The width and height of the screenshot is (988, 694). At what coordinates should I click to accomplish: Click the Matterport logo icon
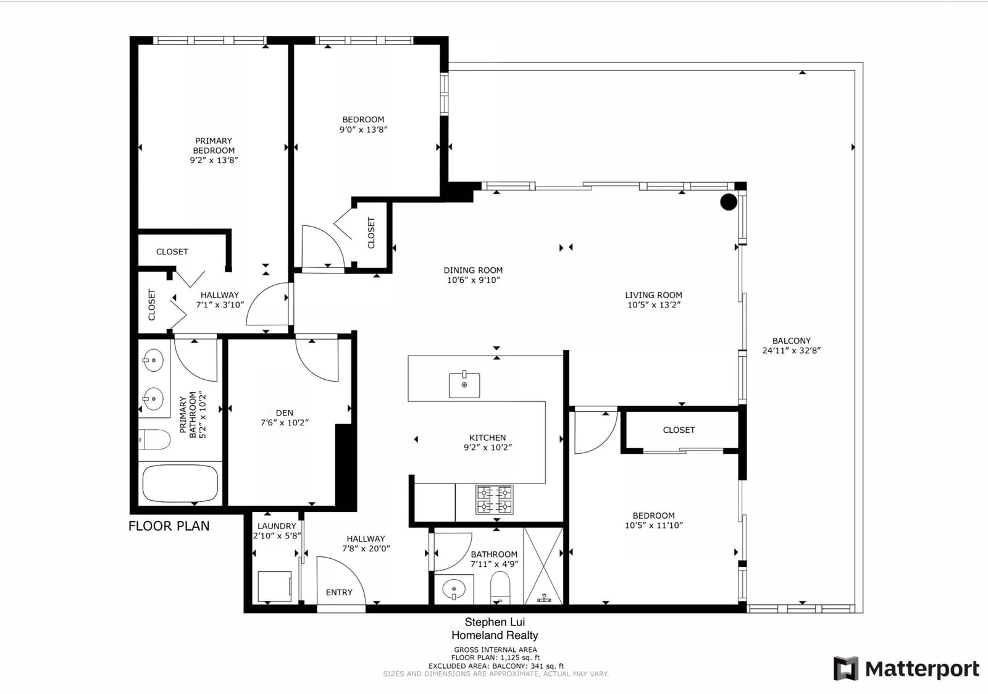[x=845, y=669]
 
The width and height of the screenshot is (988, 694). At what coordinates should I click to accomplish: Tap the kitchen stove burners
[x=495, y=500]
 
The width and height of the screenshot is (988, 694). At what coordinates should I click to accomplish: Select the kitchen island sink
[x=464, y=385]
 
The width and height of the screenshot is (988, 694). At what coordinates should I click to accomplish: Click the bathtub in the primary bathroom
[x=180, y=483]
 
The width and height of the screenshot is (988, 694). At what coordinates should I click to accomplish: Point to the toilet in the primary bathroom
[x=154, y=440]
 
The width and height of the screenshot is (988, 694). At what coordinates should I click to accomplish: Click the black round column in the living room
[x=728, y=202]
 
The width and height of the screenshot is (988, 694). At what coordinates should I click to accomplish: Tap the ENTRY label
[x=339, y=592]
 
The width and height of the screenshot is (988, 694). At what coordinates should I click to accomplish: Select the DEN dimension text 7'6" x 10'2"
[x=285, y=422]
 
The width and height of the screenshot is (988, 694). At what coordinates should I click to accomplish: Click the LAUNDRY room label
[x=277, y=526]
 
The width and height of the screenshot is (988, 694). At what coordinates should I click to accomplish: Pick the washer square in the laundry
[x=275, y=587]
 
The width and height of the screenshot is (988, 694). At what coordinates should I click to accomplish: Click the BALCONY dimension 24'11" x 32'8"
[x=791, y=351]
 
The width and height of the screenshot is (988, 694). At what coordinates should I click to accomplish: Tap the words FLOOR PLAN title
[x=169, y=526]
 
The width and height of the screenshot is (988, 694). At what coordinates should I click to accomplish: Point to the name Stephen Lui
[x=495, y=622]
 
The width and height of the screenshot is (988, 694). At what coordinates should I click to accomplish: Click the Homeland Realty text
[x=495, y=635]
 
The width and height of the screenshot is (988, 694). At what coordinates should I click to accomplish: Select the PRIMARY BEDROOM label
[x=214, y=146]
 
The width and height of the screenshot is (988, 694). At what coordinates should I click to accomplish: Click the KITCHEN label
[x=487, y=438]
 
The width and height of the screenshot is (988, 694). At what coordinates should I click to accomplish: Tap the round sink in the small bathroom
[x=454, y=588]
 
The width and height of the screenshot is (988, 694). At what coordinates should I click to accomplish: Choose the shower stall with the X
[x=543, y=566]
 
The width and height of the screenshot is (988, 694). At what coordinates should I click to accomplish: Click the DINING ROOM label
[x=473, y=270]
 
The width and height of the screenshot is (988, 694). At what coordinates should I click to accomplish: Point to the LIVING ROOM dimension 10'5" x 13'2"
[x=654, y=304]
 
